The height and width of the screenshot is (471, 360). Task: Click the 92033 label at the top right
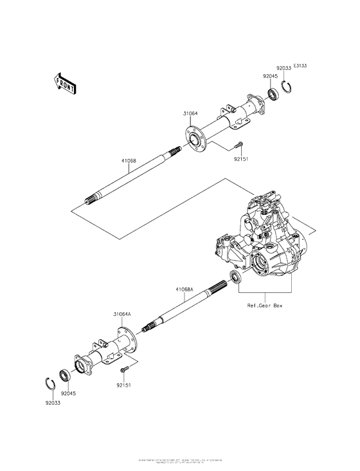[283, 68]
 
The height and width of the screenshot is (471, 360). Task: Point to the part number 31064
[190, 114]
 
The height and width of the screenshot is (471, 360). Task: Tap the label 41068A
[183, 290]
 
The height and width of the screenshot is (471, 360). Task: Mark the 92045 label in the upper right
[269, 76]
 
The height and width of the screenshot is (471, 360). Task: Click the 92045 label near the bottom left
[69, 392]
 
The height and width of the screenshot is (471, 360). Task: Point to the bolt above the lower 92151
[125, 369]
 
